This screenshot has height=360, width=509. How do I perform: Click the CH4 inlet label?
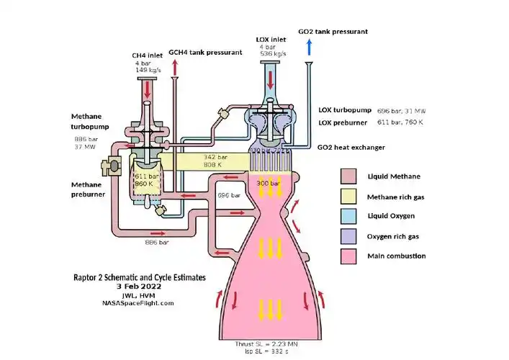(147, 55)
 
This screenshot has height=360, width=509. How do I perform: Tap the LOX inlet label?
(271, 39)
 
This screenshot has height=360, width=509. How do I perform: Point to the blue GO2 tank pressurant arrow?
(309, 48)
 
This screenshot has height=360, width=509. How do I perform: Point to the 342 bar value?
(215, 156)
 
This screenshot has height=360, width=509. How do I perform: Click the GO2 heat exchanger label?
(351, 147)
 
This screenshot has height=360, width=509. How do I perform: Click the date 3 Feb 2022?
(139, 286)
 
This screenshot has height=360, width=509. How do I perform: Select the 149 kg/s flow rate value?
(148, 71)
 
